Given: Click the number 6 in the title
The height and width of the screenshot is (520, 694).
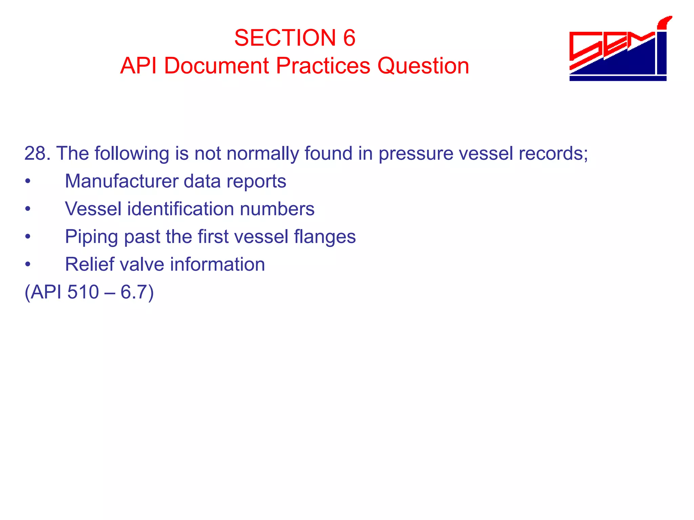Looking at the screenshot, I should [x=349, y=38].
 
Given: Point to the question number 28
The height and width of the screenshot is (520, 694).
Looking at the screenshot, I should [x=37, y=153].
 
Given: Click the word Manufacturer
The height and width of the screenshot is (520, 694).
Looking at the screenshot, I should [x=121, y=181].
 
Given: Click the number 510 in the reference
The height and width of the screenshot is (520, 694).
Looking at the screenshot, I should [x=83, y=292].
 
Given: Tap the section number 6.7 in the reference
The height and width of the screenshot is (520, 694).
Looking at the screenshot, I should [x=134, y=292].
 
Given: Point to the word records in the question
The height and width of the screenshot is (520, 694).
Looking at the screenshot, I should [x=553, y=153].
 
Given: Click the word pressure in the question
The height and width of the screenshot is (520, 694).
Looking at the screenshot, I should [x=415, y=154].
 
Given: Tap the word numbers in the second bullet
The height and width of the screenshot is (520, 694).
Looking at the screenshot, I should [x=277, y=209].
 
